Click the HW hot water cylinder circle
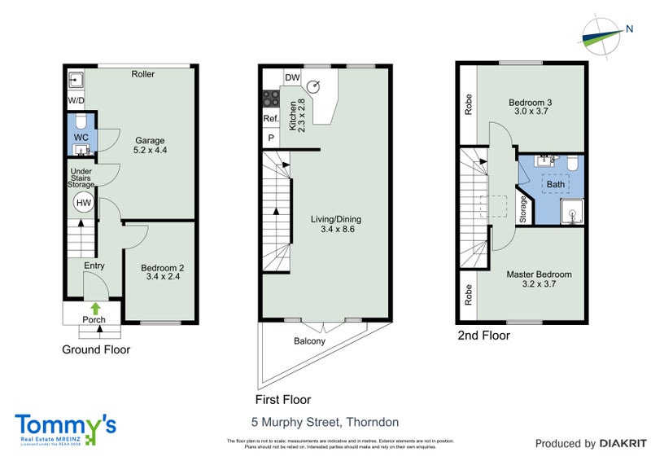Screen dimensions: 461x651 pos(83,202)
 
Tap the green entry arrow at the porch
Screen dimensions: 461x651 pos(95,308)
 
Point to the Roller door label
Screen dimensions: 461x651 pos(143,74)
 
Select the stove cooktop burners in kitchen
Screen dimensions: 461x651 pos(269,99)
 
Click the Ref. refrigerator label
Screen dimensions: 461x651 pos(270,119)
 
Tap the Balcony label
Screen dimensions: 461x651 pos(309,341)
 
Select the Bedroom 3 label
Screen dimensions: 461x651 pos(531,108)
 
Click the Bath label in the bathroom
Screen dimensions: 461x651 pos(556,185)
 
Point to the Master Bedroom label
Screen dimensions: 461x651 pos(539,279)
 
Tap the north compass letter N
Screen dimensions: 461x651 pos(630,30)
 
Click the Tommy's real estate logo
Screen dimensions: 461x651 pos(65,428)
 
